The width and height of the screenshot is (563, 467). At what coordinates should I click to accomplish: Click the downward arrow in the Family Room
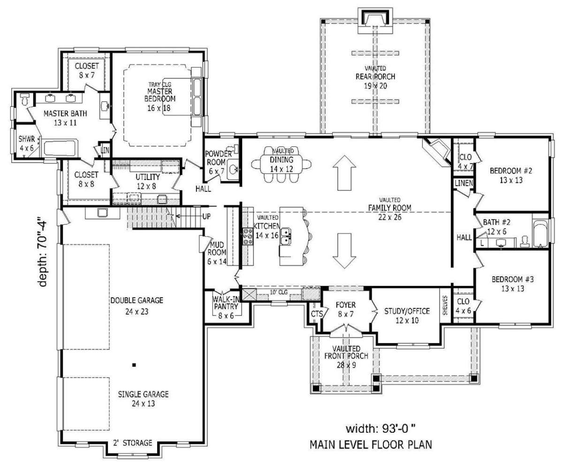pyautogui.click(x=344, y=250)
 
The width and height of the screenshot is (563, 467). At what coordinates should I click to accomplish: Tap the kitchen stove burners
pyautogui.click(x=248, y=236)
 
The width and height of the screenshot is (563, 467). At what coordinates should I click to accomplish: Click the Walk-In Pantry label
pyautogui.click(x=226, y=307)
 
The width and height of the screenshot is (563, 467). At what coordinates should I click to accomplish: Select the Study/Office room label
pyautogui.click(x=407, y=316)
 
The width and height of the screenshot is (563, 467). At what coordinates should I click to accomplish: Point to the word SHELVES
pyautogui.click(x=445, y=305)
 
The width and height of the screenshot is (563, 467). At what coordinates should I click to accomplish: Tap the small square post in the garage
pyautogui.click(x=134, y=365)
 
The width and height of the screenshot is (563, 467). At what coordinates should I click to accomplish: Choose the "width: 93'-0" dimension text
pyautogui.click(x=380, y=428)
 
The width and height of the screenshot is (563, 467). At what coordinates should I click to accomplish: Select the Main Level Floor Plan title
pyautogui.click(x=371, y=444)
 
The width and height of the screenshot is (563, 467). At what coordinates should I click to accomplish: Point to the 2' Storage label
pyautogui.click(x=133, y=443)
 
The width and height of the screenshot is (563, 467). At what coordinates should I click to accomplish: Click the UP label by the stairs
pyautogui.click(x=206, y=216)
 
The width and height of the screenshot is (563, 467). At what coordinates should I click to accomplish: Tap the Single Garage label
pyautogui.click(x=143, y=399)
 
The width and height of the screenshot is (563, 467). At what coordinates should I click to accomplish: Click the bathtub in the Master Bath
pyautogui.click(x=61, y=148)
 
